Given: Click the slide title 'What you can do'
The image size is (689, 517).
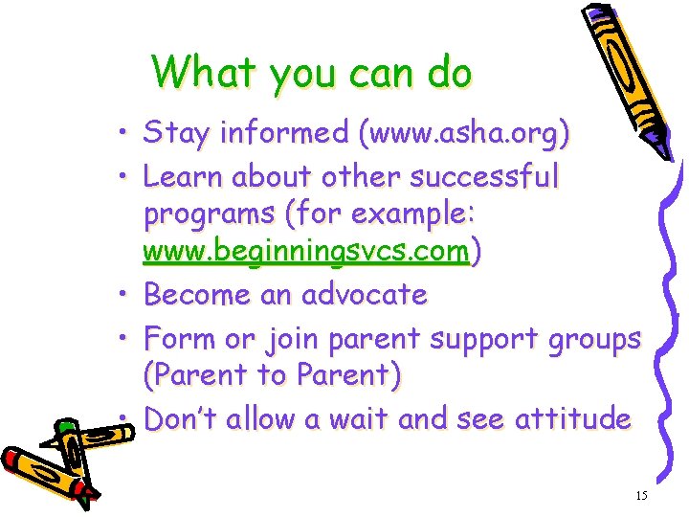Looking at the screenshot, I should click(x=311, y=72).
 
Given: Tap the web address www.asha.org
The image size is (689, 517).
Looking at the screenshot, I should click(x=463, y=134).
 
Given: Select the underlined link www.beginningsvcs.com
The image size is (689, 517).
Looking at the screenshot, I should click(x=306, y=252).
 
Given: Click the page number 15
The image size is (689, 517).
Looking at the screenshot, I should click(x=641, y=495).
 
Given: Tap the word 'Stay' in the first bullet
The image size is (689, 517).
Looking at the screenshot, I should click(x=175, y=134).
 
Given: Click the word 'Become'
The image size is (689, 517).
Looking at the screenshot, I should click(x=197, y=295).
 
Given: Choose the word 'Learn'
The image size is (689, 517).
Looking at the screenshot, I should click(x=182, y=177).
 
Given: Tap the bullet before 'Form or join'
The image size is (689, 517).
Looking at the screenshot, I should click(x=125, y=337).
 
